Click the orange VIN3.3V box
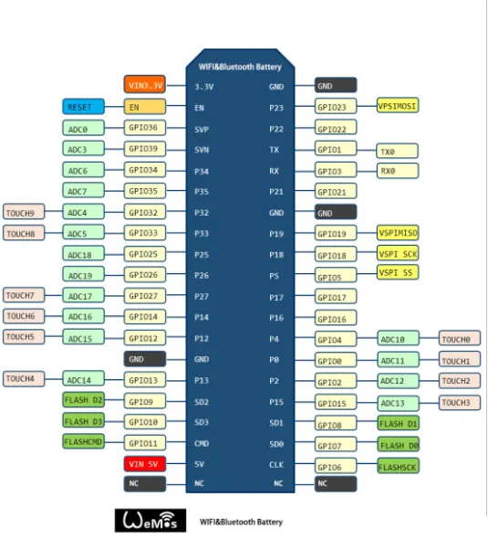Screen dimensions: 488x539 pyautogui.click(x=144, y=85)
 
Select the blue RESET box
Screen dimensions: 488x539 pyautogui.click(x=83, y=107)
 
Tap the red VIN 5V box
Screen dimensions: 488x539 pyautogui.click(x=144, y=464)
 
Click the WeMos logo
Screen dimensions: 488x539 pyautogui.click(x=151, y=520)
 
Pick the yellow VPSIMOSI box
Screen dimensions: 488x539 pyautogui.click(x=398, y=105)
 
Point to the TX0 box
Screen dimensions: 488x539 pyautogui.click(x=398, y=152)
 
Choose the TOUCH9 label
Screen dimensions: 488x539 pyautogui.click(x=24, y=212)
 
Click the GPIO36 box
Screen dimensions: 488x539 pyautogui.click(x=144, y=128)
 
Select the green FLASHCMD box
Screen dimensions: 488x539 pyautogui.click(x=83, y=441)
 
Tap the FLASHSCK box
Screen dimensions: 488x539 pyautogui.click(x=398, y=466)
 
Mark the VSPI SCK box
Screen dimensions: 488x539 pyautogui.click(x=398, y=254)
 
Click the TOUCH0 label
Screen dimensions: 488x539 pyautogui.click(x=460, y=339)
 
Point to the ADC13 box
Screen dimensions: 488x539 pyautogui.click(x=398, y=403)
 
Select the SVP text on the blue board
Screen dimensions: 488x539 pyautogui.click(x=202, y=130)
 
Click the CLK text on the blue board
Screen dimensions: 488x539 pyautogui.click(x=276, y=465)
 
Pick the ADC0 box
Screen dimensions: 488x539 pyautogui.click(x=83, y=128)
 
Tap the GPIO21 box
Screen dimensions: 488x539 pyautogui.click(x=336, y=191)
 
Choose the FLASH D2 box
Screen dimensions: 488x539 pyautogui.click(x=83, y=400)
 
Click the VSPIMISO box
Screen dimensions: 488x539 pyautogui.click(x=398, y=233)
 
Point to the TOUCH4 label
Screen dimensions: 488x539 pyautogui.click(x=24, y=379)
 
